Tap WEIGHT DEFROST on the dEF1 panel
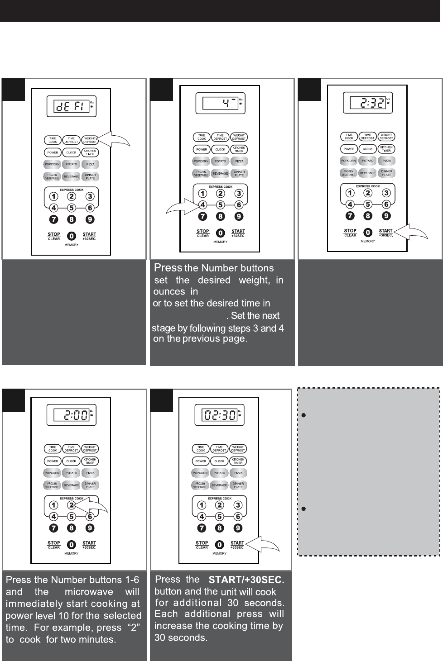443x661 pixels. (90, 140)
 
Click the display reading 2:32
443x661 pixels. (367, 104)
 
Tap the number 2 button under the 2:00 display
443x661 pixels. (71, 505)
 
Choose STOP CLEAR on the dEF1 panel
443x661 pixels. (54, 236)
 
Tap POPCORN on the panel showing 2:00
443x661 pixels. (53, 473)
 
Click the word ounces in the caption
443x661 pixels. (169, 292)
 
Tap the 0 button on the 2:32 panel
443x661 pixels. (368, 233)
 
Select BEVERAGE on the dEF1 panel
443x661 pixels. (72, 176)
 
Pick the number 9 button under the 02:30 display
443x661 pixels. (238, 528)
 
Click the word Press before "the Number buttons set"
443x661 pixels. (168, 268)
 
